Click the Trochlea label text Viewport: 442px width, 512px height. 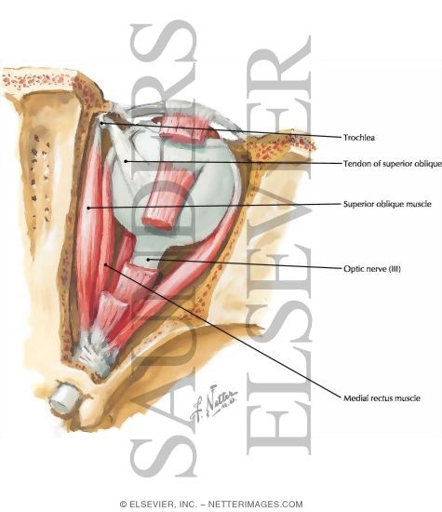pyautogui.click(x=359, y=138)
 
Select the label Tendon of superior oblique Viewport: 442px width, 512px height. pyautogui.click(x=393, y=163)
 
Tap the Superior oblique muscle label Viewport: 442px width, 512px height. pyautogui.click(x=387, y=204)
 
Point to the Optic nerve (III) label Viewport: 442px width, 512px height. pyautogui.click(x=372, y=269)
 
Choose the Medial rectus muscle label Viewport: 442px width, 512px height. pyautogui.click(x=382, y=398)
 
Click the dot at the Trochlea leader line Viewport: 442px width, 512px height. pyautogui.click(x=101, y=123)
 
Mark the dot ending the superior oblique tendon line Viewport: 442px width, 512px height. pyautogui.click(x=126, y=161)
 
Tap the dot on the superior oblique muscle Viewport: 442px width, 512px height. pyautogui.click(x=88, y=208)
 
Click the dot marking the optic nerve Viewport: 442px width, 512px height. pyautogui.click(x=148, y=260)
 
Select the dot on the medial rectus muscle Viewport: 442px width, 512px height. pyautogui.click(x=105, y=264)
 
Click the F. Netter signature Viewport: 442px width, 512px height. pyautogui.click(x=213, y=403)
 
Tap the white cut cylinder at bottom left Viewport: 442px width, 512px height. pyautogui.click(x=64, y=397)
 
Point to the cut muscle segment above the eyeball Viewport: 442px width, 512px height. pyautogui.click(x=183, y=128)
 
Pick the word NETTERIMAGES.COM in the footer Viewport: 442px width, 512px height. pyautogui.click(x=255, y=505)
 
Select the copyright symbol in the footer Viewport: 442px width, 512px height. pyautogui.click(x=124, y=505)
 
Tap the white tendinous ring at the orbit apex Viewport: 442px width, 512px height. pyautogui.click(x=94, y=355)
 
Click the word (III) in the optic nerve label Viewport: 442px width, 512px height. pyautogui.click(x=394, y=269)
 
